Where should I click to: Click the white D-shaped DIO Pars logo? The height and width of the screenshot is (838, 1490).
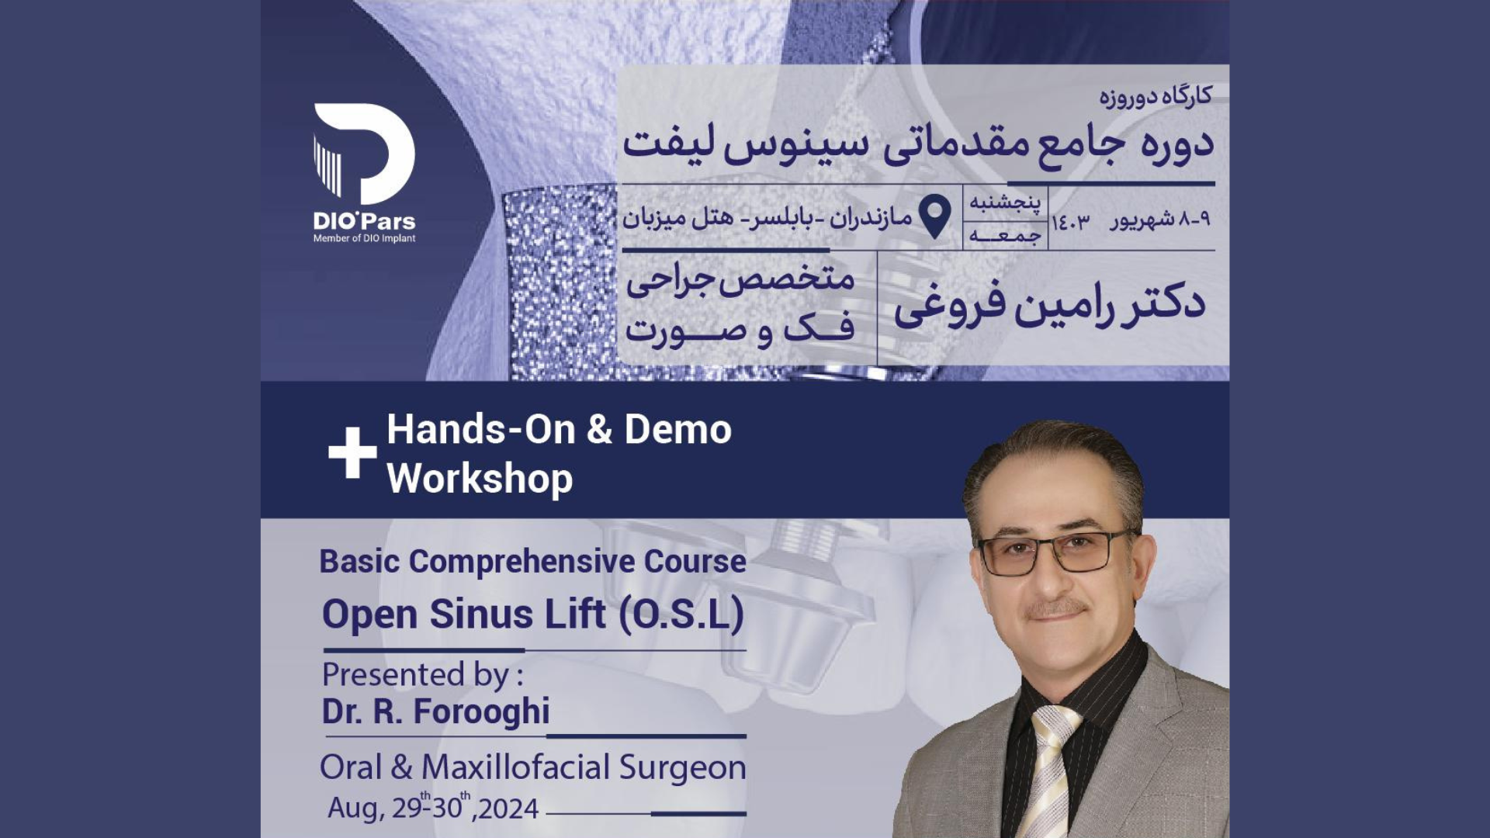pos(365,154)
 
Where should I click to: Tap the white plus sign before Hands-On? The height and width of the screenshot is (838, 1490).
pos(352,452)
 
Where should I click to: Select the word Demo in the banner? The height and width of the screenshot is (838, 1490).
pos(677,429)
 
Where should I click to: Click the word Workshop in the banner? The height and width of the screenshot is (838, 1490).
pos(480,478)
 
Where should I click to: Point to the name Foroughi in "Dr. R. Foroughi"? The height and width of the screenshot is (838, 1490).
pos(481,711)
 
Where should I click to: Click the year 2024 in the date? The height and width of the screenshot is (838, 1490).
pos(508,809)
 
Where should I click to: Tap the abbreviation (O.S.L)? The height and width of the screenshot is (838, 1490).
pos(681,615)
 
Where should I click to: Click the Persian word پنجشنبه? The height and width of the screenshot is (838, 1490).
pos(1005,202)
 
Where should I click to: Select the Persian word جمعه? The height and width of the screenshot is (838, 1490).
pos(1005,234)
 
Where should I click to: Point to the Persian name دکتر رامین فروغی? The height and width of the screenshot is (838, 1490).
pos(1049,303)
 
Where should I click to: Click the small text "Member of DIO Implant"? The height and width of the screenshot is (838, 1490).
pos(364,238)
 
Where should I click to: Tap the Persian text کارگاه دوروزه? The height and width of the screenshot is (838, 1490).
pos(1155,96)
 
